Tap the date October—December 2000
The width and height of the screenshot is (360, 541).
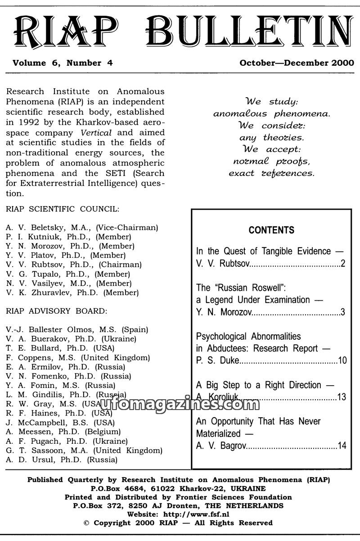tap(297, 63)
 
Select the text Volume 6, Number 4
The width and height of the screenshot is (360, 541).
tap(63, 63)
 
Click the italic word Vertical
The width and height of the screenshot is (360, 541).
tap(96, 133)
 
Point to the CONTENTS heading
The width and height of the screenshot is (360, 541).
tap(271, 230)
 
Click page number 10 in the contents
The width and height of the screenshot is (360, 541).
tap(342, 360)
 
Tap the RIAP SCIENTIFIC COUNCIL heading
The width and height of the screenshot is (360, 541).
tap(63, 209)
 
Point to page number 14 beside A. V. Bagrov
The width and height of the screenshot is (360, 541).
tap(342, 446)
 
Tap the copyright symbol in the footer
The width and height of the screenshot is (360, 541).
tap(87, 523)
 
